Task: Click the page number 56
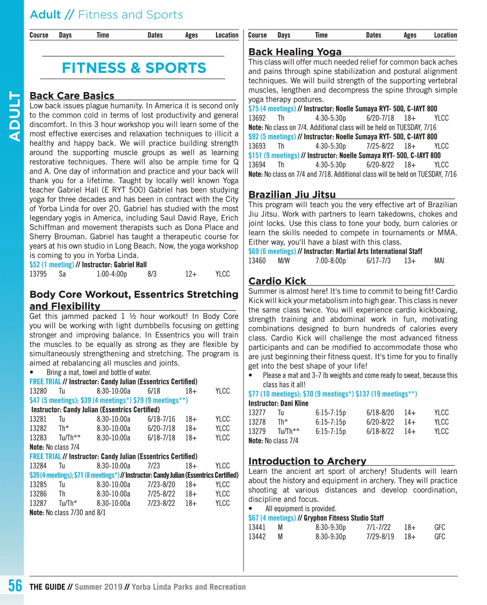15,586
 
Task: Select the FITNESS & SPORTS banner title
134,68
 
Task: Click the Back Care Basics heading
72,96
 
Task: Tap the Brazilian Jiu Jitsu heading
292,195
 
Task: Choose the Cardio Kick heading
277,281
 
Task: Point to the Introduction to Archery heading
307,461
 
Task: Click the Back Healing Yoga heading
295,52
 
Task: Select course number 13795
38,274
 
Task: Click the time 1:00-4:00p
112,274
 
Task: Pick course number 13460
257,261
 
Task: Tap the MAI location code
439,261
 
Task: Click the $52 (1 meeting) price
52,265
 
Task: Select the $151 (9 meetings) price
274,155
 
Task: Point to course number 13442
257,537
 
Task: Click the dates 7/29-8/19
380,537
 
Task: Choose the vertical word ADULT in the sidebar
15,116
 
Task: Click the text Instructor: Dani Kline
278,403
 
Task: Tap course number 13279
257,431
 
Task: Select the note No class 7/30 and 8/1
67,512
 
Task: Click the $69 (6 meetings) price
272,252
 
